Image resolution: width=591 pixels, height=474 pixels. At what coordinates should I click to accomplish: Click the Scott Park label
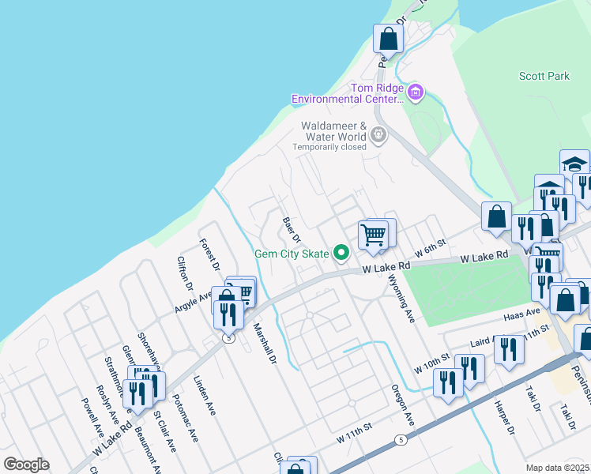544,77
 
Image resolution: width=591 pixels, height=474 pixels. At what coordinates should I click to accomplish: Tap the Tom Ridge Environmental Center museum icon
416,93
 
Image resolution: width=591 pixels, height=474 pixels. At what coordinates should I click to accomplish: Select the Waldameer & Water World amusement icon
379,134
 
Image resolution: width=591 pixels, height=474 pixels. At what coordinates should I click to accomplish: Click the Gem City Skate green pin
341,253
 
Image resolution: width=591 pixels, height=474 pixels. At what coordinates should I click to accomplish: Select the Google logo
26,465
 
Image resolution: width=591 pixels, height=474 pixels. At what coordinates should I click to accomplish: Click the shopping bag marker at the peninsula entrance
389,38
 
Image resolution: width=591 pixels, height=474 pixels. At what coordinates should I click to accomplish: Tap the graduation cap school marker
574,164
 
